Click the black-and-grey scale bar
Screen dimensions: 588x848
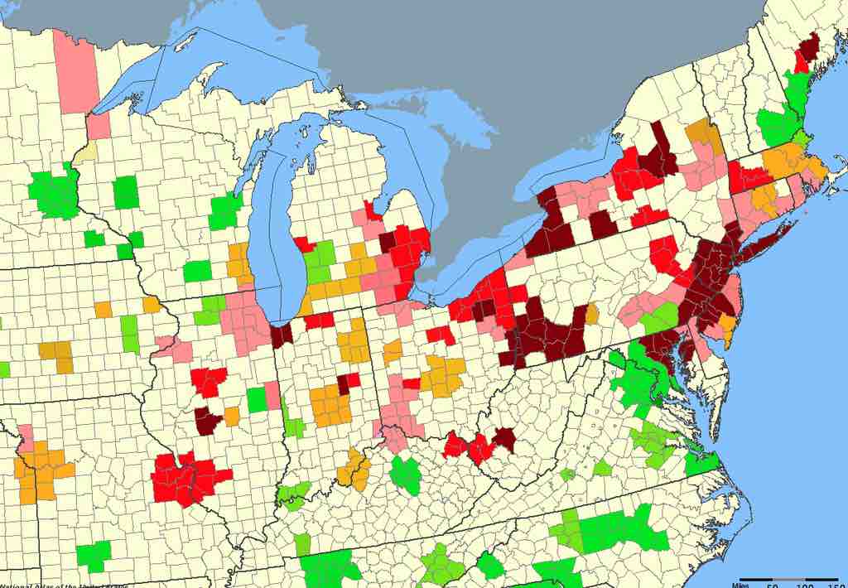pyautogui.click(x=788, y=579)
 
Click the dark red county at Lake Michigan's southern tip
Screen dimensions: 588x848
pyautogui.click(x=282, y=334)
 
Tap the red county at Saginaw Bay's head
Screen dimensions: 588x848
pyautogui.click(x=373, y=211)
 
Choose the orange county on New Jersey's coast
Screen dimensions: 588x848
pyautogui.click(x=728, y=330)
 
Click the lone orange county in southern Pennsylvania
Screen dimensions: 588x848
pyautogui.click(x=591, y=314)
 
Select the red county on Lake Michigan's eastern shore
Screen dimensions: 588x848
pyautogui.click(x=303, y=244)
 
